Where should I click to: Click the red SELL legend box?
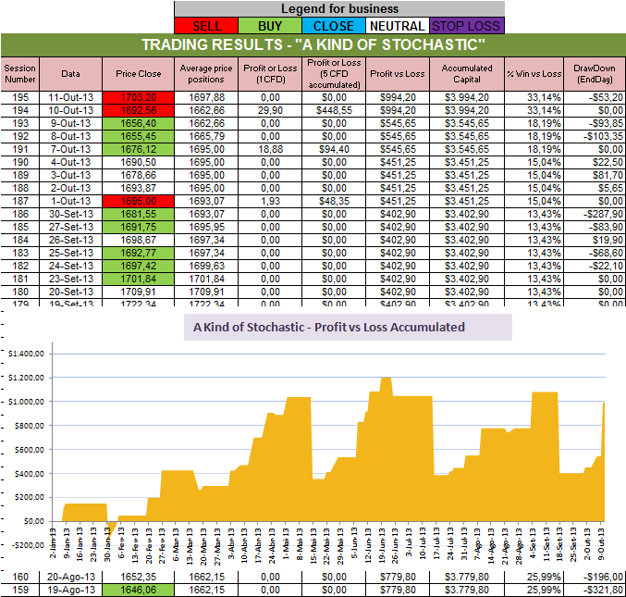tap(204, 26)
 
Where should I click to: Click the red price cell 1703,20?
tap(139, 96)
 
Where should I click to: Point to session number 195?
tap(18, 96)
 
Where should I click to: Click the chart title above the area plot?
tap(328, 327)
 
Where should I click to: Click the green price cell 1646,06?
tap(139, 590)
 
